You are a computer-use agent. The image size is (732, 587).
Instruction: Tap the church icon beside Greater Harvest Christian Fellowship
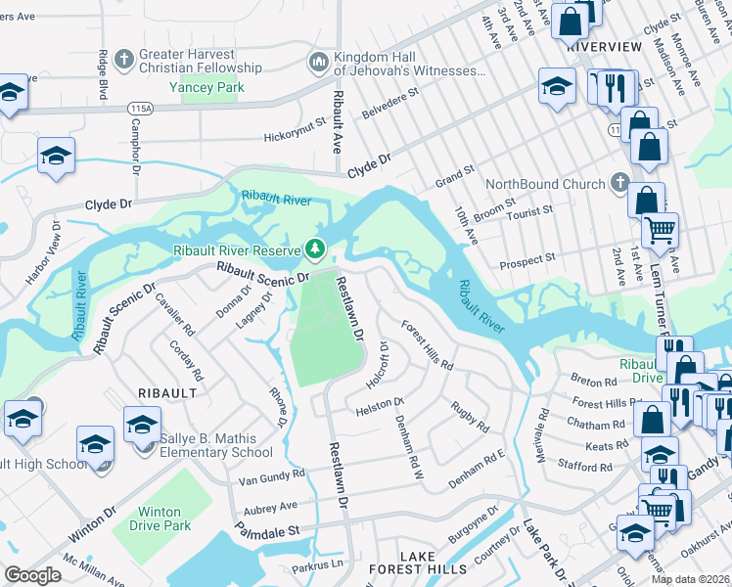[123, 61]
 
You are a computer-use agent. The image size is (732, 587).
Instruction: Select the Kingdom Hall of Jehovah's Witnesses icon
[318, 63]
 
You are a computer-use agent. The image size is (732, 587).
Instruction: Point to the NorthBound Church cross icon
[618, 183]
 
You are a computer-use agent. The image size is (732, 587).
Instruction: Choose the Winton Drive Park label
[160, 519]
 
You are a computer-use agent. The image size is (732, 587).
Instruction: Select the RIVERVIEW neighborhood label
[604, 47]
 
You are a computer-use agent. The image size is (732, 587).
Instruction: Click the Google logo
[32, 575]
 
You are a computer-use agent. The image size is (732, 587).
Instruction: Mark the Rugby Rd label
[470, 416]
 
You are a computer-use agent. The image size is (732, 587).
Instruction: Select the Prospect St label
[527, 257]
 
